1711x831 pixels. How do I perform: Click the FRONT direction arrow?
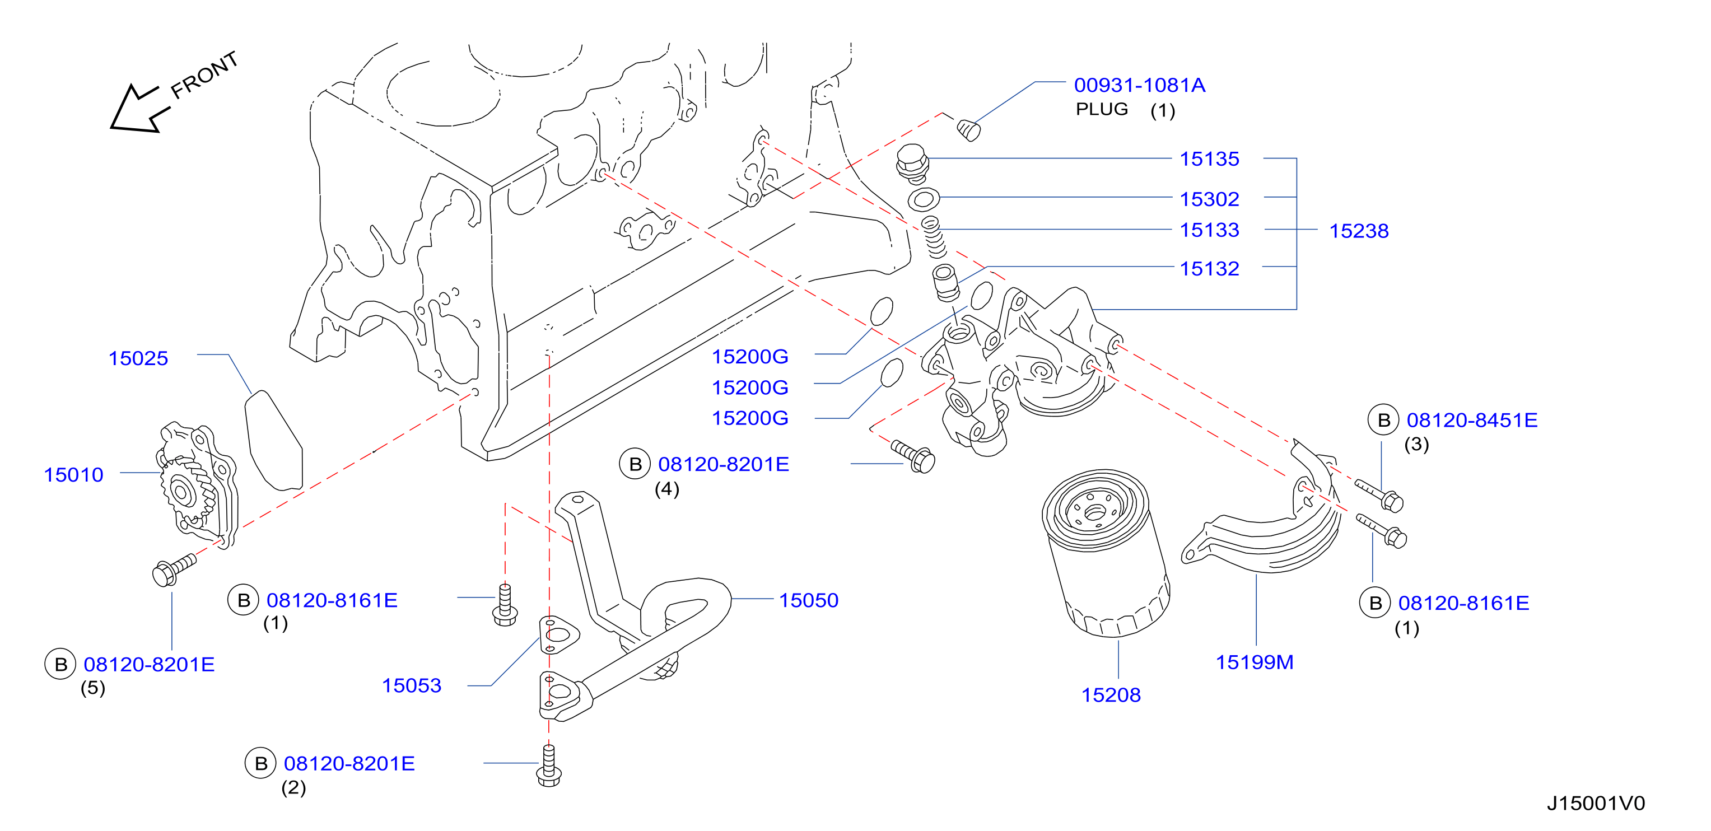(x=136, y=109)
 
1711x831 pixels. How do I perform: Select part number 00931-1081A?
(x=1139, y=85)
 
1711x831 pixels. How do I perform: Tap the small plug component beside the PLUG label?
(x=968, y=129)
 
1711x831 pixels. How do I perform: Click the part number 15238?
(x=1358, y=231)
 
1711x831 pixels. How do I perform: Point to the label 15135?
(x=1209, y=159)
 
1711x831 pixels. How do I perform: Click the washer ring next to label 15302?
(x=923, y=198)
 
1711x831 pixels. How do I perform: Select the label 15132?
(x=1209, y=268)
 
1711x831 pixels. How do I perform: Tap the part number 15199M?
(x=1254, y=662)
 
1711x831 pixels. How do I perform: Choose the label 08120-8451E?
(x=1472, y=420)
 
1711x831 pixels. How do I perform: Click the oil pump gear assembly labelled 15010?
(x=197, y=485)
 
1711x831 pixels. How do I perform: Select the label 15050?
(x=808, y=600)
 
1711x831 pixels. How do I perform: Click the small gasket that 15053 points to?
(x=558, y=635)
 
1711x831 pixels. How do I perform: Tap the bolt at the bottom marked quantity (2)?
(x=549, y=766)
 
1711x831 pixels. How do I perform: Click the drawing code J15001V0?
(x=1596, y=803)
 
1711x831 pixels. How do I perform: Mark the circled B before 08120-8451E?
(x=1383, y=420)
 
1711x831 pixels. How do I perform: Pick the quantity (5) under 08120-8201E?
(x=93, y=688)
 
